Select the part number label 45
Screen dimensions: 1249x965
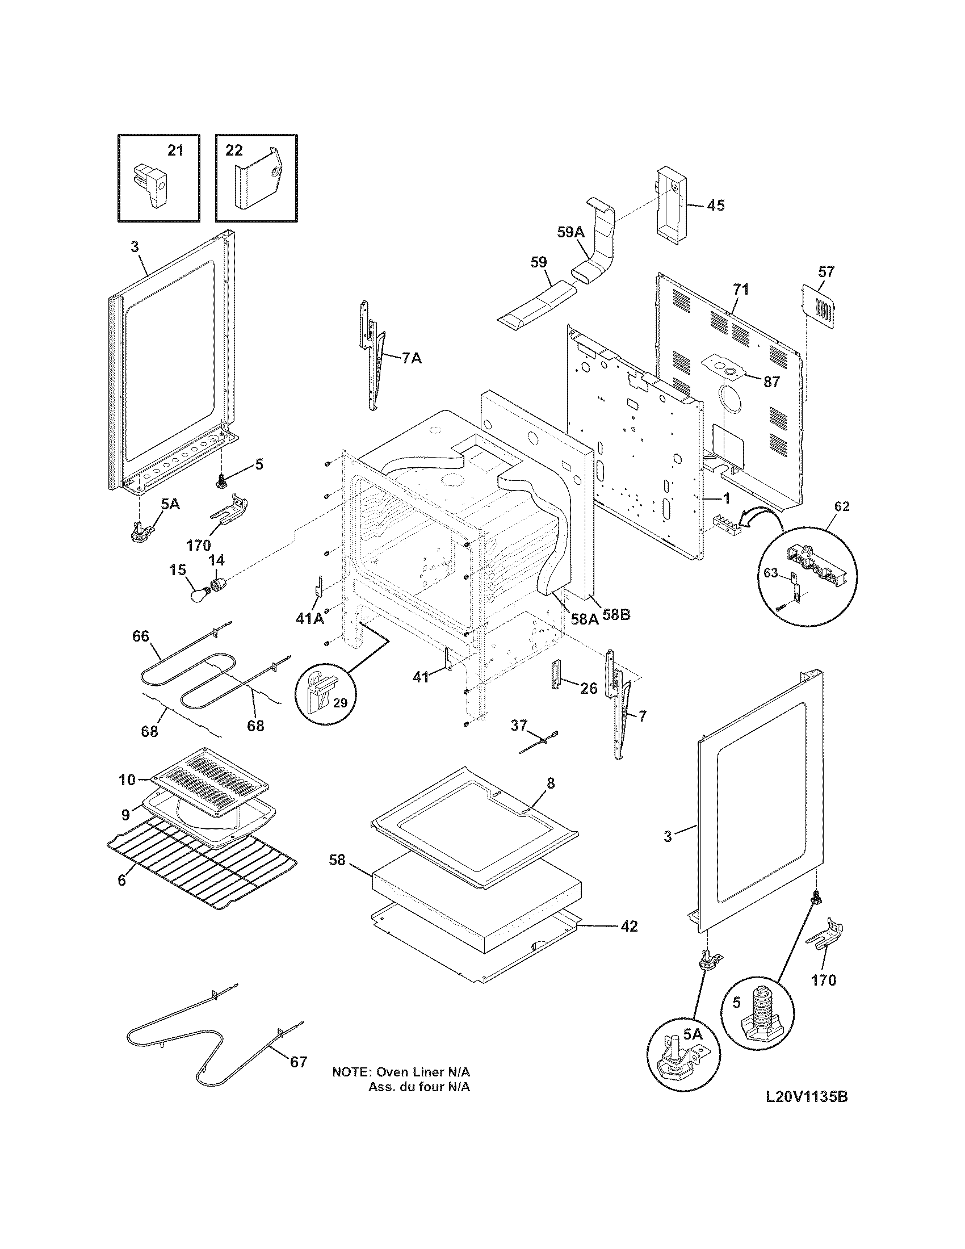[x=716, y=205]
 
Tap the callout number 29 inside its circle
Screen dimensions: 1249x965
[x=340, y=703]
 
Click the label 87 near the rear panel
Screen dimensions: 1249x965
[x=771, y=382]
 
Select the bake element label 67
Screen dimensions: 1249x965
[x=299, y=1062]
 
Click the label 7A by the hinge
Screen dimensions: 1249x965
[x=412, y=359]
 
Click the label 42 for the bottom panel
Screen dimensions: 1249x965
[x=629, y=925]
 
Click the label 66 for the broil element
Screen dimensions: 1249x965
[x=141, y=636]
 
